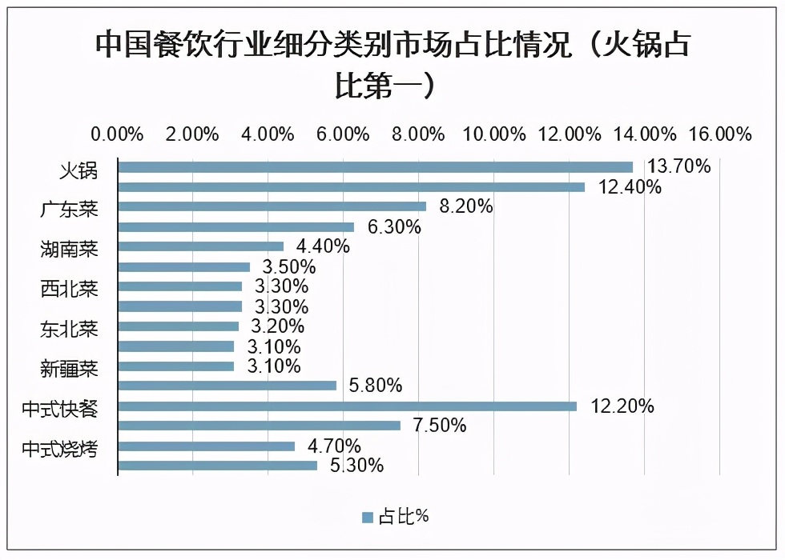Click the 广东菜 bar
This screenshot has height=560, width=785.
[x=272, y=207]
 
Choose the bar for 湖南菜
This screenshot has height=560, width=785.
[x=200, y=246]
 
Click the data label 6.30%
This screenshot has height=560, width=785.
[x=394, y=227]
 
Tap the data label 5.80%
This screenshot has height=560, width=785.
[x=375, y=386]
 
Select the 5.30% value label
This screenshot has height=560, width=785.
[x=356, y=466]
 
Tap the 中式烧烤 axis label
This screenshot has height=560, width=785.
[x=60, y=449]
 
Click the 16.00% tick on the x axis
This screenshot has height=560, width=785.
[x=720, y=134]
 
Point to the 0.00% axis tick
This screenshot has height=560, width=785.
[x=118, y=134]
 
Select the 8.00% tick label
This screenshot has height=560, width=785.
[x=419, y=134]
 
